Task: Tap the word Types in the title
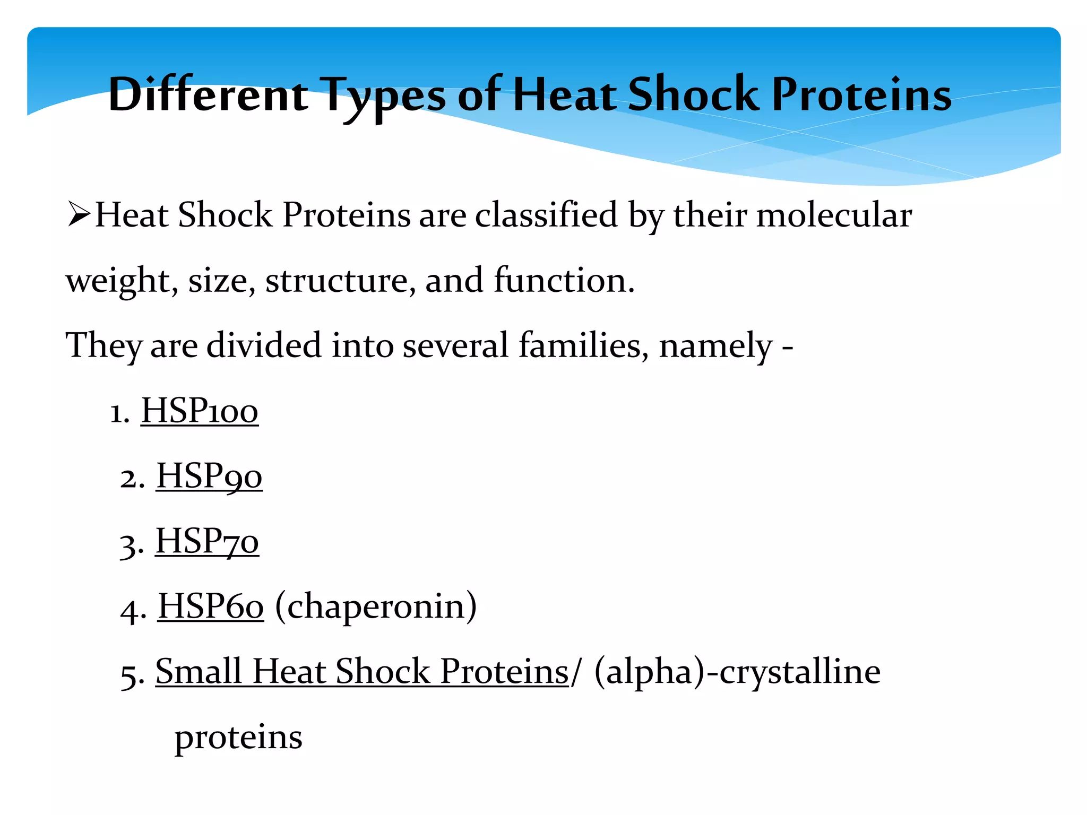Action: click(384, 97)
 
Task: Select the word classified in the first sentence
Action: click(546, 215)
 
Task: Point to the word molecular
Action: click(834, 215)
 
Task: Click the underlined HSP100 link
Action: click(200, 411)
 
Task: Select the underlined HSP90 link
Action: click(209, 476)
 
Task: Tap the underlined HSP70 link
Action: click(207, 541)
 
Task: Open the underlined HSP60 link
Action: click(211, 606)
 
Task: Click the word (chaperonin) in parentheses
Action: click(376, 607)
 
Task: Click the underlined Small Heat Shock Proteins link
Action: click(362, 672)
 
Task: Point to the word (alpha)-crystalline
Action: click(737, 672)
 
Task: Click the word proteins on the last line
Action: click(238, 738)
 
